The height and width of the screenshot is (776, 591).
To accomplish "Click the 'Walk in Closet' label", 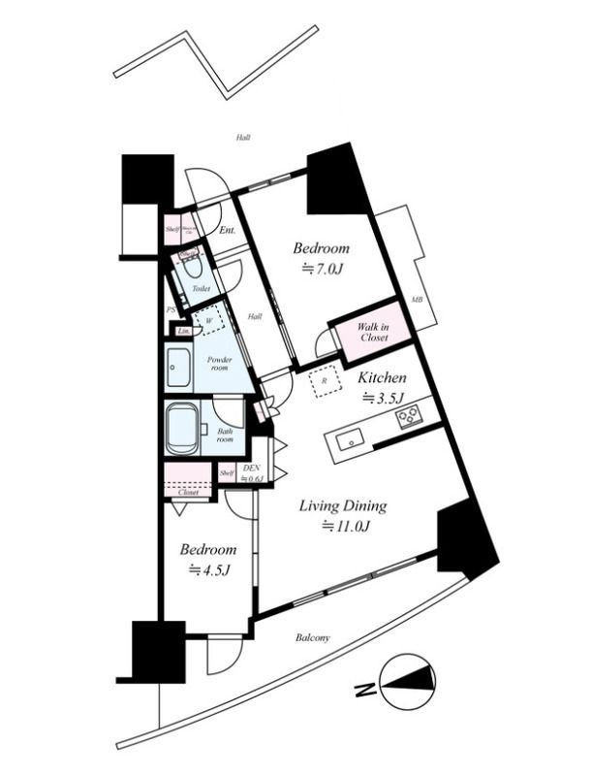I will (x=373, y=332).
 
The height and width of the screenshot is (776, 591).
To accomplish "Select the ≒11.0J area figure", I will (x=347, y=527).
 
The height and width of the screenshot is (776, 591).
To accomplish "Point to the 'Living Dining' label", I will (x=342, y=505).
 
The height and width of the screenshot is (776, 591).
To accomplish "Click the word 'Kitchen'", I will (x=383, y=377).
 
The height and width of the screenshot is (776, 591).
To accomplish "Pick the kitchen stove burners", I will (x=409, y=417).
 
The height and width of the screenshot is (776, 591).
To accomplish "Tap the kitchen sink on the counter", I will (x=349, y=442).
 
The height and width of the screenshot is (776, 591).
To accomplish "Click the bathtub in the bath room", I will (x=183, y=429).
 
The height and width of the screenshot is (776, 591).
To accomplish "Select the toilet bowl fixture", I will (x=191, y=266).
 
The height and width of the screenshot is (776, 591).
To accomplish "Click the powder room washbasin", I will (x=177, y=368).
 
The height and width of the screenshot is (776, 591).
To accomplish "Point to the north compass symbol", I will (x=407, y=682).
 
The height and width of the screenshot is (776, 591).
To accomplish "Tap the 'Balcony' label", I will (x=312, y=637).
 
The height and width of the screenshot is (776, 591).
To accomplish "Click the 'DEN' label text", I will (x=252, y=468).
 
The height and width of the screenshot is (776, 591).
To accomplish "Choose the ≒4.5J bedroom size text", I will (x=208, y=569).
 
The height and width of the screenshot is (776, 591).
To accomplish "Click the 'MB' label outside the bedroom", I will (x=417, y=300).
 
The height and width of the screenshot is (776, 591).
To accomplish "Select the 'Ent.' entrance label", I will (x=228, y=231).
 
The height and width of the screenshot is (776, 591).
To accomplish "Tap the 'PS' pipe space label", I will (x=171, y=310).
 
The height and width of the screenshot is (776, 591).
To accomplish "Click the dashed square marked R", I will (x=324, y=380).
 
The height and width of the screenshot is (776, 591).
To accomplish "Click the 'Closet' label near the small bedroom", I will (x=187, y=493).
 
